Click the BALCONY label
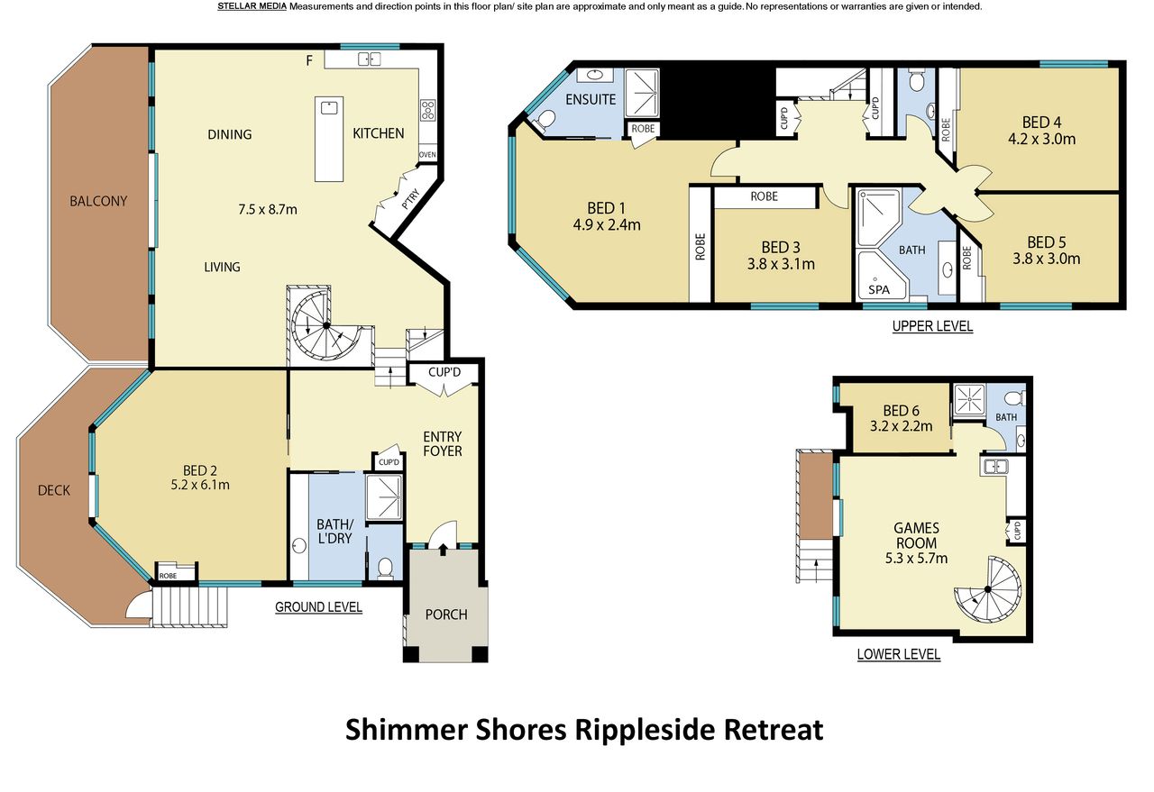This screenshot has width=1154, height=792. [98, 201]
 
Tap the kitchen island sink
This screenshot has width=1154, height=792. [329, 107]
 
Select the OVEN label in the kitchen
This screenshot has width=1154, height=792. [427, 154]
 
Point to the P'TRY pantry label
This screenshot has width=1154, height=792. [410, 199]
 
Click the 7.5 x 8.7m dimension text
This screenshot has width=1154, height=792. [268, 210]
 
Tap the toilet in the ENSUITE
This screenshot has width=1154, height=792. [543, 120]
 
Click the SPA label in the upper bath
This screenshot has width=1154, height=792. [878, 289]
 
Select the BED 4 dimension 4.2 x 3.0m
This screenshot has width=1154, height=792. [1041, 139]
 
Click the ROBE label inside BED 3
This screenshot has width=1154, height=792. [764, 196]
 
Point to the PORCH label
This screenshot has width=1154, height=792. [446, 614]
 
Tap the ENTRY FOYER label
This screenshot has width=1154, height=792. [442, 444]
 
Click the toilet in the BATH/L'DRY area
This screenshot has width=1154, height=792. [385, 568]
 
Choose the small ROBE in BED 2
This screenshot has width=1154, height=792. [176, 571]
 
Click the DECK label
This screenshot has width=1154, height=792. [54, 490]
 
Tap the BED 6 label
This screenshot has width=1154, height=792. [901, 411]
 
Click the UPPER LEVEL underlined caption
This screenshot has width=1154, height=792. [932, 326]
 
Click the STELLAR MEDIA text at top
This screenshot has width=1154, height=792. [252, 6]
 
